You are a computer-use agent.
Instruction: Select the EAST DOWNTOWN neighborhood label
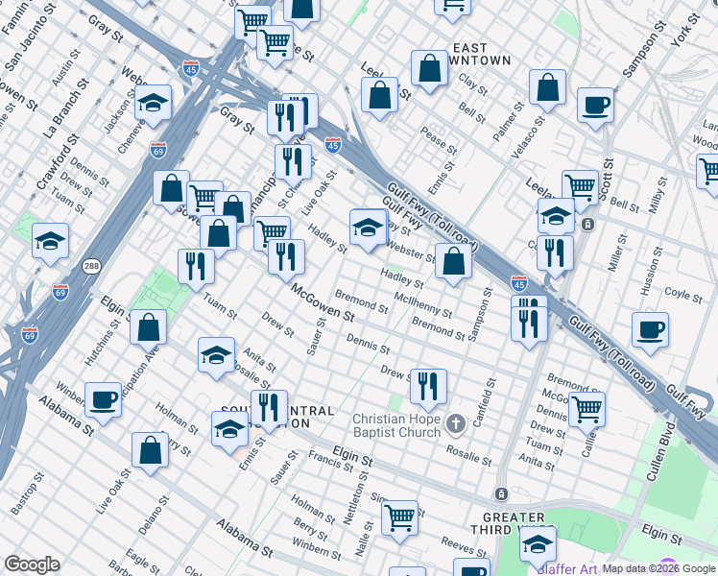pos(482,54)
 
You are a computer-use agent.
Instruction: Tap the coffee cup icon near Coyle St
pos(650,330)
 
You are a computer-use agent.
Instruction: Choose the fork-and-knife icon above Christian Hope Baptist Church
pos(428,386)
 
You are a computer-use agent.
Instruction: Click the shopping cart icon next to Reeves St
pos(399,517)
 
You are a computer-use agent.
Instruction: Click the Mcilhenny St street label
pos(424,306)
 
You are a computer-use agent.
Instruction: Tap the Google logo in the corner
pos(32,564)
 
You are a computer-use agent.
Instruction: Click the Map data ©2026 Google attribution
pos(658,568)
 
